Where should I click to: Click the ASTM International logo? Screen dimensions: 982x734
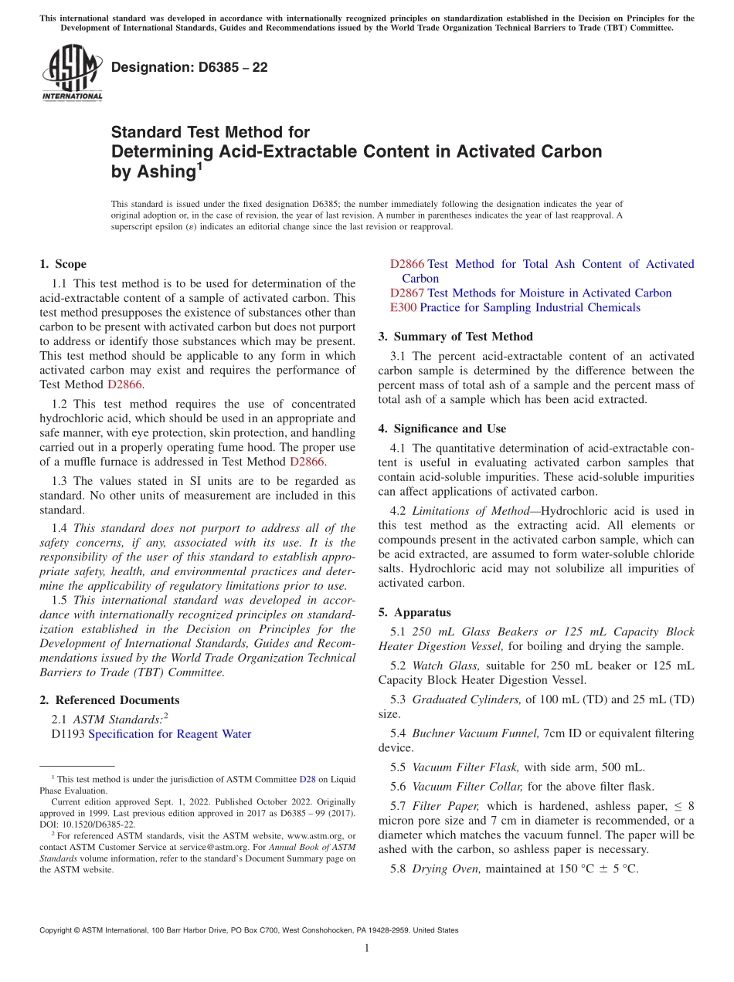pyautogui.click(x=72, y=74)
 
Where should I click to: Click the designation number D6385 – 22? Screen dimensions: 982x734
pyautogui.click(x=189, y=67)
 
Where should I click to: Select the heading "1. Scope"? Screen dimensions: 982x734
pyautogui.click(x=63, y=264)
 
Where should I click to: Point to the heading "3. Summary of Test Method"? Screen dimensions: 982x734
pyautogui.click(x=455, y=336)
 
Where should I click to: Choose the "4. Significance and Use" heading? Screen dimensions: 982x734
pyautogui.click(x=442, y=428)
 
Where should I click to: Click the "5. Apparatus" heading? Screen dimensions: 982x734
pyautogui.click(x=414, y=612)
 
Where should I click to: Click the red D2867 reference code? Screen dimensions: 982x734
pyautogui.click(x=407, y=293)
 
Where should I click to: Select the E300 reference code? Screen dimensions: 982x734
pyautogui.click(x=403, y=307)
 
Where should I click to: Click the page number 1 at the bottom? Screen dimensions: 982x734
pyautogui.click(x=366, y=948)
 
